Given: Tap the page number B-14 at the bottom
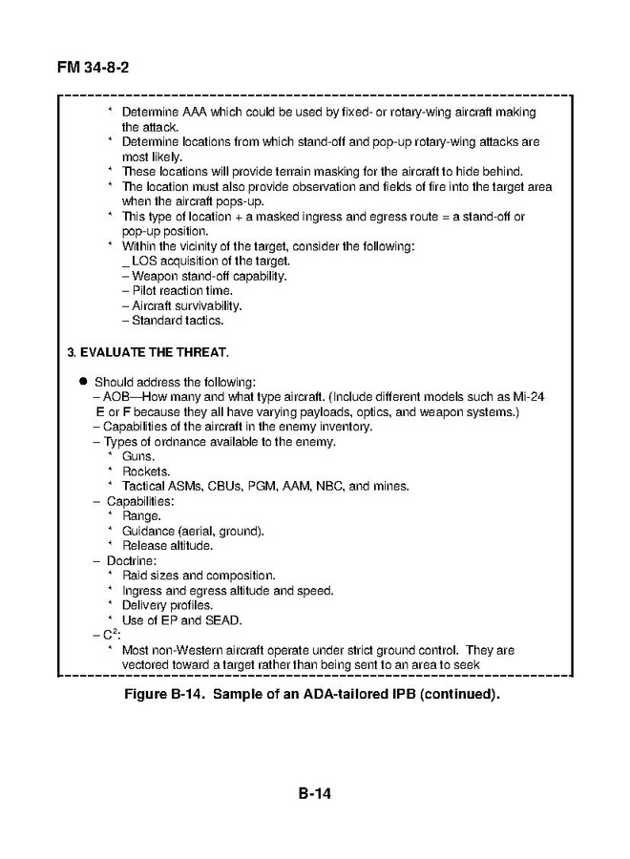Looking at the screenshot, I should pos(315,793).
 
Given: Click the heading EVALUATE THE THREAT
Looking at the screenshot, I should pos(154,351).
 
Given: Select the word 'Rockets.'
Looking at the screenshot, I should pos(146,471).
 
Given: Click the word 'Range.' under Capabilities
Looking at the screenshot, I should pos(142,515).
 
